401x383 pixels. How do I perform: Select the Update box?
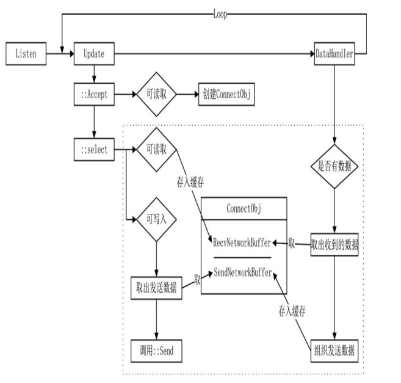click(93, 54)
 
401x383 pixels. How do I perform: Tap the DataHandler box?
click(334, 54)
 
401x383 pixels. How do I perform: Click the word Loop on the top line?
click(220, 14)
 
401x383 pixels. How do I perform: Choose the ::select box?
click(93, 150)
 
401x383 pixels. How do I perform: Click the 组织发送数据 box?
click(334, 352)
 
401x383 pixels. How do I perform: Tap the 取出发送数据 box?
click(157, 287)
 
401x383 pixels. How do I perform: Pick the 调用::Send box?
click(157, 352)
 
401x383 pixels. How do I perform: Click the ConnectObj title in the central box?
click(244, 208)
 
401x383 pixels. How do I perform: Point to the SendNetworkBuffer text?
click(242, 273)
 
